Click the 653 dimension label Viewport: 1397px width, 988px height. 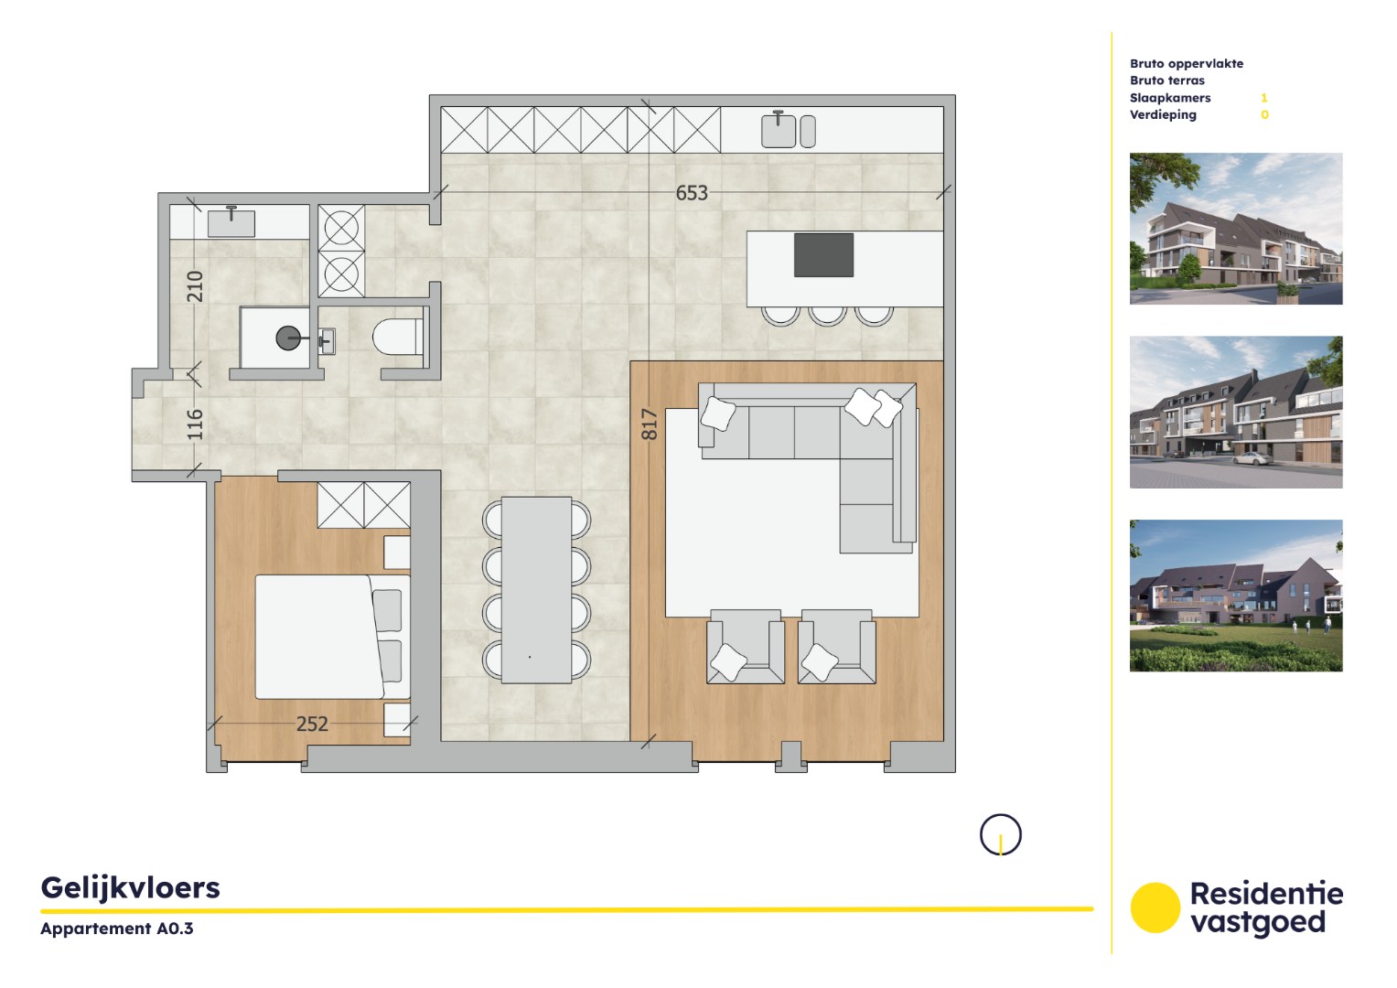coord(691,193)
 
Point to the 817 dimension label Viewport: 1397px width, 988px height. coord(650,424)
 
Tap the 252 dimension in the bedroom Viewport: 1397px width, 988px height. coord(312,724)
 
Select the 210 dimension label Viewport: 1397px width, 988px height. coord(195,286)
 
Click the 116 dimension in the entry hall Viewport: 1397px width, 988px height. coord(195,424)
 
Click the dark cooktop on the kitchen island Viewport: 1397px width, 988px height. coord(823,254)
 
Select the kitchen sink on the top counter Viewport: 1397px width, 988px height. coord(779,130)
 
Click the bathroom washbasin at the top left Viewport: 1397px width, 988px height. coord(231,222)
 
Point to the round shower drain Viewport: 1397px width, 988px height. coord(288,338)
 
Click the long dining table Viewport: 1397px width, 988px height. coord(536,589)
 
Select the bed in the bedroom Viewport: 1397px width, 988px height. coord(319,637)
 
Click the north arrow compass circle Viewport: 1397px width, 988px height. coord(1000,834)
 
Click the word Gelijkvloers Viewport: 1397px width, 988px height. coord(131,887)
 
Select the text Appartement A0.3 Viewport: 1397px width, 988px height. coord(117,928)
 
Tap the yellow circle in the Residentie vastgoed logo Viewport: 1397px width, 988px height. coord(1155,907)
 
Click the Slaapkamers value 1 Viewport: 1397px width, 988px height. coord(1263,98)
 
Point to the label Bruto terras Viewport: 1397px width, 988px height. coord(1166,81)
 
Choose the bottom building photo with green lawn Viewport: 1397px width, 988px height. coord(1235,596)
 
